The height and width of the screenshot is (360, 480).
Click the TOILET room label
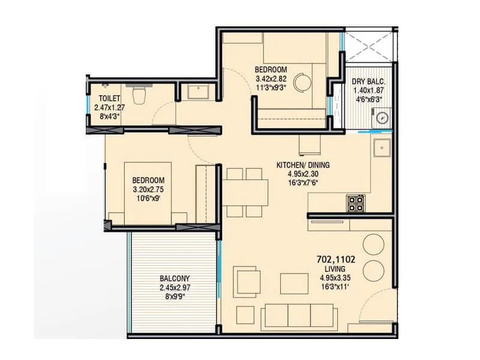pos(109,97)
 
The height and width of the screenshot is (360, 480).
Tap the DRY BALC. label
pos(368,82)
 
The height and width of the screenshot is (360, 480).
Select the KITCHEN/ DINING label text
pos(302,165)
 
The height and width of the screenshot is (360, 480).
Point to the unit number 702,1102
pos(336,260)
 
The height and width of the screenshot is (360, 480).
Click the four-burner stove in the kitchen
pos(355,203)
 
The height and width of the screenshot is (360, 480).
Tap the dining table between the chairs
pos(245,192)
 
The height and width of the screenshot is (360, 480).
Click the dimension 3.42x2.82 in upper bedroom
pos(271,78)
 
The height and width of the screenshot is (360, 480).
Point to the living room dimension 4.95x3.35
pos(336,278)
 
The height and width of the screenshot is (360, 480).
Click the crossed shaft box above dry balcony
pos(368,44)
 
